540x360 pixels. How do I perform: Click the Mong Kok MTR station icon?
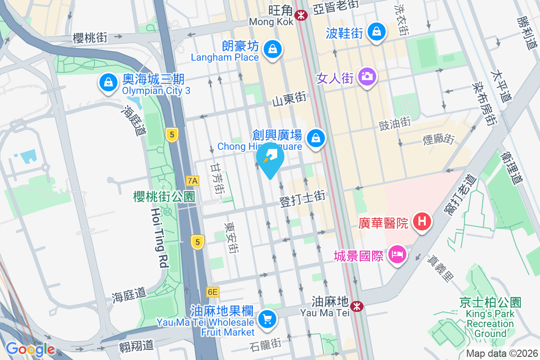pos(301,15)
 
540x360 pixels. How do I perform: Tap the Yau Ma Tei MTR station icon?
pos(357,306)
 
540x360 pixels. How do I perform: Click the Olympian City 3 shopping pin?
pos(108,82)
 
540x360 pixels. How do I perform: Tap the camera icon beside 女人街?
pos(367,76)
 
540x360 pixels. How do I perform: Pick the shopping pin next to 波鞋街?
pos(375,31)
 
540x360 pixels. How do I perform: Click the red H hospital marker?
pos(422,221)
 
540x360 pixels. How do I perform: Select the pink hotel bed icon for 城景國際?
pos(397,254)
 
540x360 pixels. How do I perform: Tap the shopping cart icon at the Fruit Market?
pos(267,319)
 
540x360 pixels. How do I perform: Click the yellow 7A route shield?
pos(193,181)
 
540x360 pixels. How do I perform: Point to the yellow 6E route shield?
pos(213,292)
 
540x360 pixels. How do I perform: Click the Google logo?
pos(31,349)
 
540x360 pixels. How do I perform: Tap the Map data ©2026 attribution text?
pos(501,354)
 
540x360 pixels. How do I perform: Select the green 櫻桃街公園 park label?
pos(164,197)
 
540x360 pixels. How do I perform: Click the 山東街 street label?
pos(289,99)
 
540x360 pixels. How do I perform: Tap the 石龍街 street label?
pos(265,345)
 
